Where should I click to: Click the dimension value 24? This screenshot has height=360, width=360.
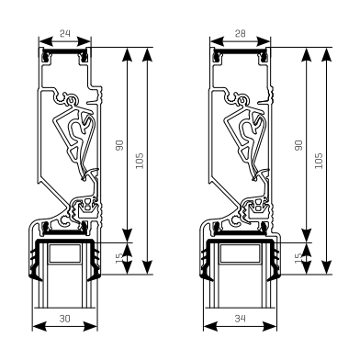64,33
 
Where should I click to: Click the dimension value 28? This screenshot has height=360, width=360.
240,33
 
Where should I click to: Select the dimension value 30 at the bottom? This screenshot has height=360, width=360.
64,319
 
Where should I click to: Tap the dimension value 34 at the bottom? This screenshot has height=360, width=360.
241,319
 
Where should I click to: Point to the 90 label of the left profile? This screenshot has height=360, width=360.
119,145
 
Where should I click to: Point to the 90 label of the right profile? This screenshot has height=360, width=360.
298,145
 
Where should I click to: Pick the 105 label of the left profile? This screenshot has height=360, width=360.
140,161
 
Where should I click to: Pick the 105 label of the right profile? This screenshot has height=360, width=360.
319,161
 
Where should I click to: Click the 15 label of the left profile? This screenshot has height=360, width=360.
119,258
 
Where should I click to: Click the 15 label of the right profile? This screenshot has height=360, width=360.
298,258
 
